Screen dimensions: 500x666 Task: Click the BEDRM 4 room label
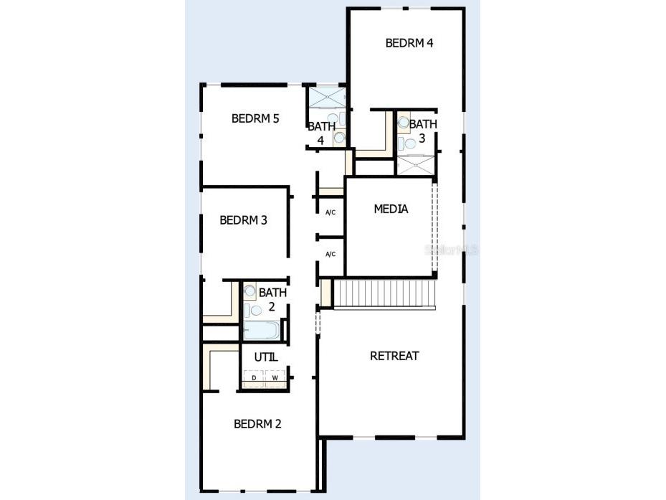(x=409, y=42)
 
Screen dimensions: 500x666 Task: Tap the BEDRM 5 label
(x=254, y=118)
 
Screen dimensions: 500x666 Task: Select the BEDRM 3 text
(x=243, y=220)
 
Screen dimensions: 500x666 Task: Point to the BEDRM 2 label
(x=257, y=424)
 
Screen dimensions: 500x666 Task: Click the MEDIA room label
(x=391, y=209)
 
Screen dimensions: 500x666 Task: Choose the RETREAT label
(x=394, y=356)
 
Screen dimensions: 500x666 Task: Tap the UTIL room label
(x=265, y=357)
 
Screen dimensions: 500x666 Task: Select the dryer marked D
(x=254, y=377)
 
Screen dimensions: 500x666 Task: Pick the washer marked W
(x=275, y=377)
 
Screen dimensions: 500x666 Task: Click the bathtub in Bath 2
(x=261, y=331)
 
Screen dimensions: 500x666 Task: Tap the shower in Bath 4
(x=326, y=97)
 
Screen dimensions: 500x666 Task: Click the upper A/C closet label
(x=330, y=212)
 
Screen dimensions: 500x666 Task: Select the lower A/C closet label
(x=330, y=254)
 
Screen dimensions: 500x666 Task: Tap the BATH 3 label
(x=422, y=131)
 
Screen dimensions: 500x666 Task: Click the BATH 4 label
(x=320, y=133)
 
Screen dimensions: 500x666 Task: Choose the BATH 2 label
(x=272, y=299)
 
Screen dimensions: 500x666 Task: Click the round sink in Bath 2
(x=249, y=291)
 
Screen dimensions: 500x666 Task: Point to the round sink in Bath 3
(x=404, y=123)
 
